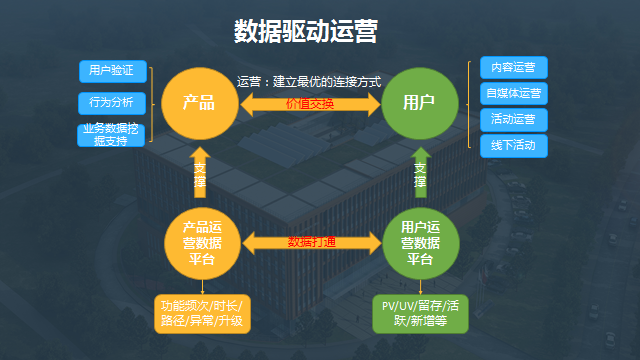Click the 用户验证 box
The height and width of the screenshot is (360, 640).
[113, 71]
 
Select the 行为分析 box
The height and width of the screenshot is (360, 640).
[113, 102]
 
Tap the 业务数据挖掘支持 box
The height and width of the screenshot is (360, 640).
[113, 135]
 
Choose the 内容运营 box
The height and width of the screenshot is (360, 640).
[513, 68]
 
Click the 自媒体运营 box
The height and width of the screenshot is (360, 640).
[513, 94]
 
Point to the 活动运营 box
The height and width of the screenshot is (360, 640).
[513, 120]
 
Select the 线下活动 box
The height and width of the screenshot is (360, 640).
[513, 146]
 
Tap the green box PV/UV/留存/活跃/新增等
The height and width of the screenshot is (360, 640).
[420, 313]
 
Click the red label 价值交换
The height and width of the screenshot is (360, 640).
[309, 104]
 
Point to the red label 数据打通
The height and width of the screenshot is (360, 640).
[311, 242]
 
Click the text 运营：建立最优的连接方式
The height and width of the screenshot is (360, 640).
[309, 82]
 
